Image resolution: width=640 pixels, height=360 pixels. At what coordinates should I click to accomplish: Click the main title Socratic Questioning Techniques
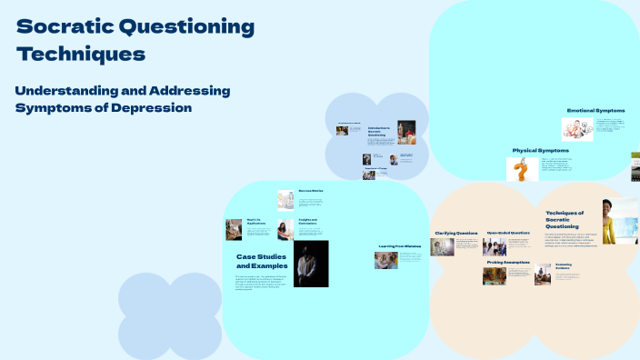135,40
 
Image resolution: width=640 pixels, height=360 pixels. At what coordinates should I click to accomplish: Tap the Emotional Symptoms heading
595,110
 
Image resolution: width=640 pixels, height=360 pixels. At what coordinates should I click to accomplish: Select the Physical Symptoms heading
540,150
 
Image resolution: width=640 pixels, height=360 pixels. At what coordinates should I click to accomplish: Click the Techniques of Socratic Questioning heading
565,219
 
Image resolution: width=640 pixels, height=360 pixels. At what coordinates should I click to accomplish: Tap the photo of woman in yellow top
613,221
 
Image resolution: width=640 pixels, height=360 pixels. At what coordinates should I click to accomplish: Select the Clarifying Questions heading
455,233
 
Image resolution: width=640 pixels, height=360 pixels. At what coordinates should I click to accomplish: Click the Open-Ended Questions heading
508,233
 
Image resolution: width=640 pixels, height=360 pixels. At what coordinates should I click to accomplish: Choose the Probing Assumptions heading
507,262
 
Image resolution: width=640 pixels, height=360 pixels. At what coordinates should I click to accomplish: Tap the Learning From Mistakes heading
399,246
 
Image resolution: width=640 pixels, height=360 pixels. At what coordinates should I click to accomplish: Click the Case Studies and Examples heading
262,261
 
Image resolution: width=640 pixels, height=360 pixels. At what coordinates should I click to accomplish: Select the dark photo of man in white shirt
311,264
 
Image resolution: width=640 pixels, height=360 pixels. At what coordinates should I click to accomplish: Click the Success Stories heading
310,191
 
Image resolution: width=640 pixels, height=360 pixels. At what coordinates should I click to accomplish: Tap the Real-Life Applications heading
256,222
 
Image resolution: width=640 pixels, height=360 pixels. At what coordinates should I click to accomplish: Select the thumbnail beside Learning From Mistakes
385,260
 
